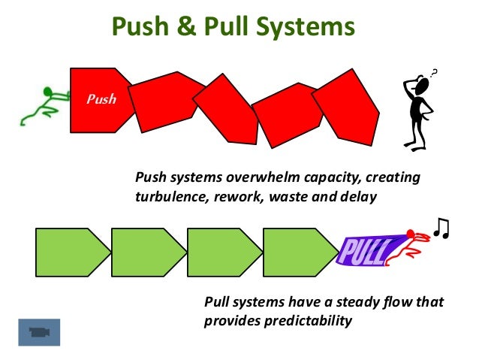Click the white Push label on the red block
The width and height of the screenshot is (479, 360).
pyautogui.click(x=101, y=98)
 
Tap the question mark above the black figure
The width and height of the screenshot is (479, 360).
pyautogui.click(x=435, y=72)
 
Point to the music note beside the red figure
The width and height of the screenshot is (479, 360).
pyautogui.click(x=441, y=227)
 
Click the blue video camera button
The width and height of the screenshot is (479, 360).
pyautogui.click(x=38, y=331)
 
